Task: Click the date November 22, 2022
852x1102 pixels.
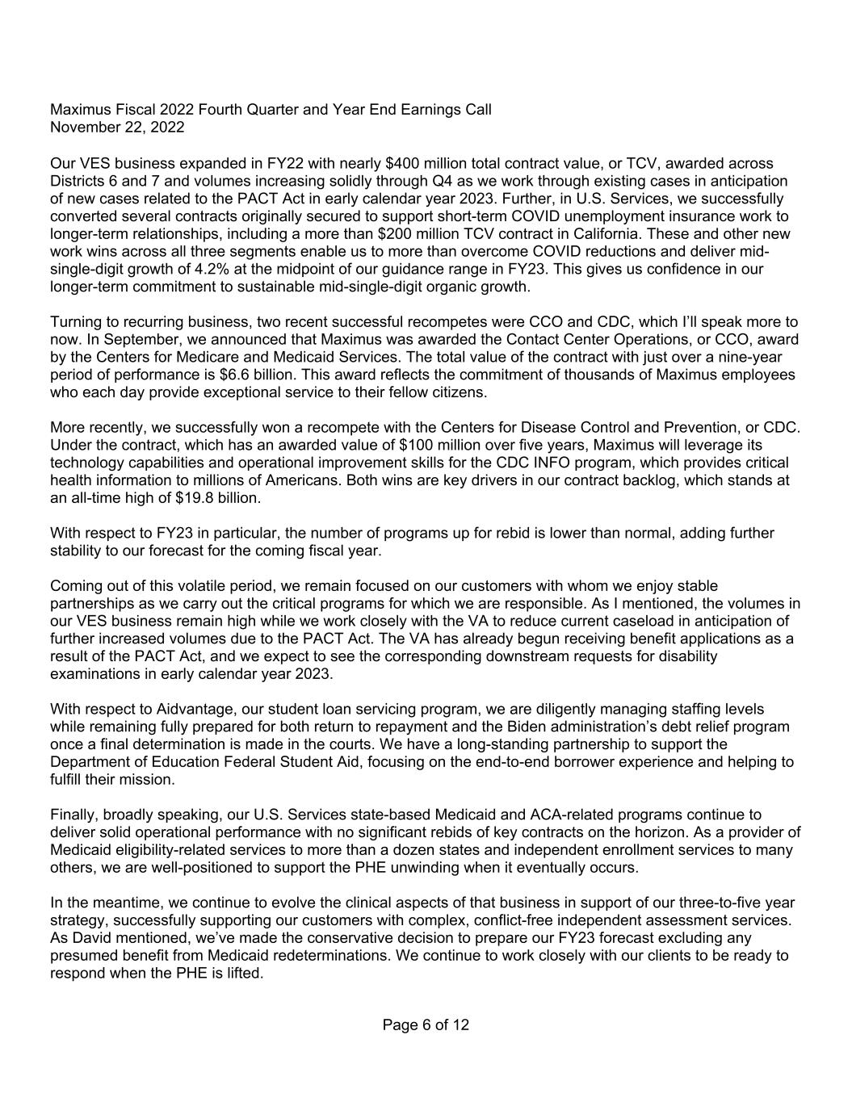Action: [x=117, y=128]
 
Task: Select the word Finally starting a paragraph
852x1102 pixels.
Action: [x=73, y=815]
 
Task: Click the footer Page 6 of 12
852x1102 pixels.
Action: [x=426, y=1025]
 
